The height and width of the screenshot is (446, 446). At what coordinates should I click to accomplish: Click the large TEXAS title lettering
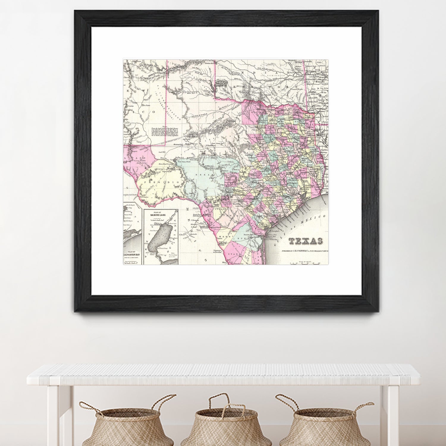click(306, 241)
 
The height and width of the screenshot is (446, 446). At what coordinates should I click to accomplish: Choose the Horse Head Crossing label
click(166, 164)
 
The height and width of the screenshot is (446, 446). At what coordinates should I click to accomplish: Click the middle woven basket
click(226, 422)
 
